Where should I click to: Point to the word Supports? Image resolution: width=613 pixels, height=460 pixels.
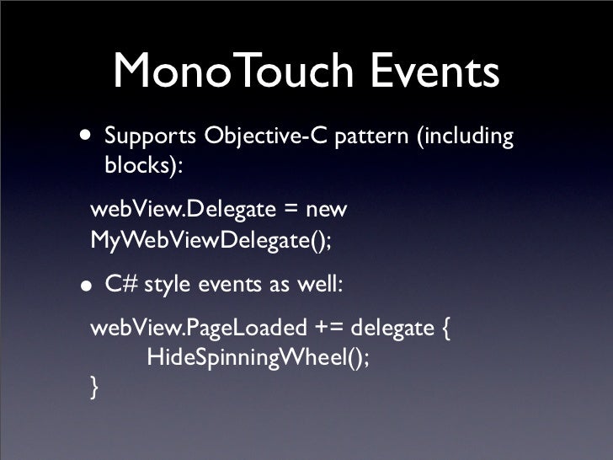pos(149,136)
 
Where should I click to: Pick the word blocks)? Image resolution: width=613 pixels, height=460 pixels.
pos(143,165)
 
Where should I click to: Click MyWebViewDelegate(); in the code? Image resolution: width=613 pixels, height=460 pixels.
pos(211,241)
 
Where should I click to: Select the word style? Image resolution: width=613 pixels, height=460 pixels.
pos(168,284)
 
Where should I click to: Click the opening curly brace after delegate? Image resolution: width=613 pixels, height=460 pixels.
pos(445,327)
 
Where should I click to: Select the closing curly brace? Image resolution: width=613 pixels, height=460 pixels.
pos(94,388)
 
